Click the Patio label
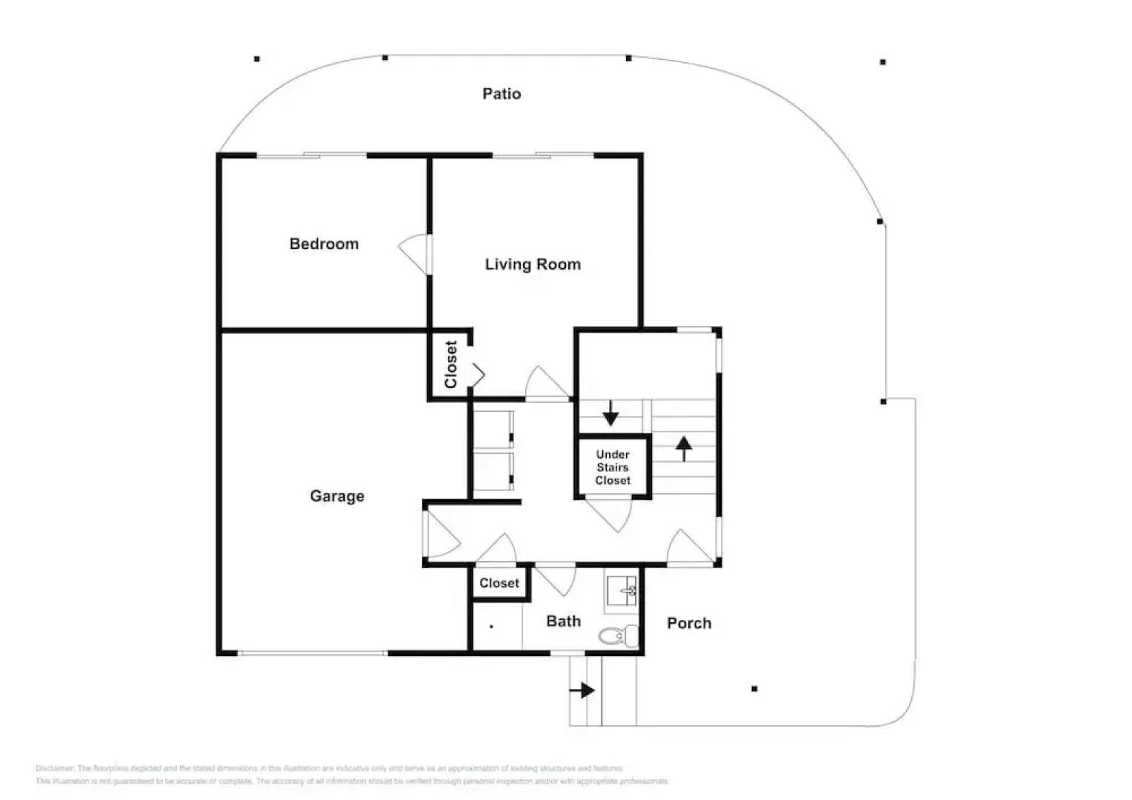[502, 93]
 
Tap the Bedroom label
[324, 244]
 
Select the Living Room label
[533, 264]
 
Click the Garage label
[337, 496]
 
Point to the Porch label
[689, 623]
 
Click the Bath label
[563, 621]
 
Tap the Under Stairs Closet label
[613, 467]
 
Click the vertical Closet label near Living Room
[450, 364]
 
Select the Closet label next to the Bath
[499, 583]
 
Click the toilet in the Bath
[617, 636]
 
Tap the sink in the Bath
[622, 591]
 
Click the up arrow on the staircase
[684, 447]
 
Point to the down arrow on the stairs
[610, 413]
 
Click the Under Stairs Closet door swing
[609, 514]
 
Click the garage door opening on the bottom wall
[312, 653]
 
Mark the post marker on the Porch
[754, 689]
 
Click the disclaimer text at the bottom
[352, 775]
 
